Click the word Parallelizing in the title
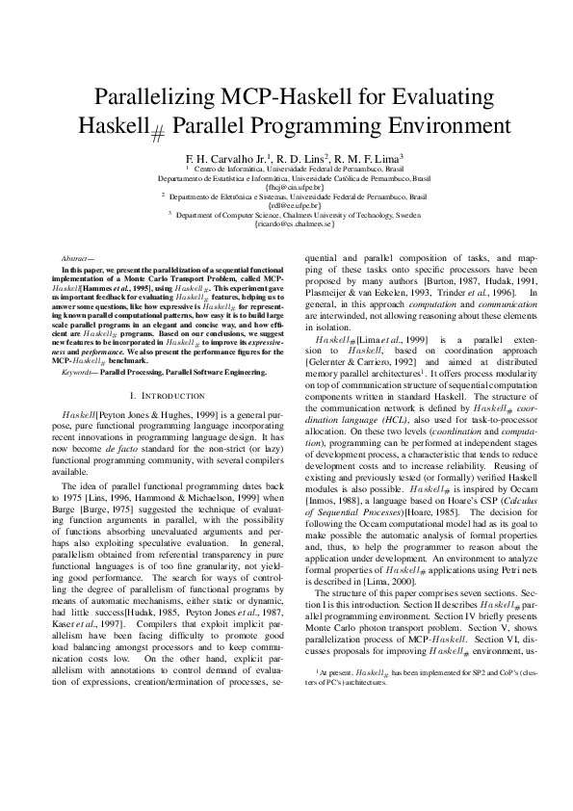(x=159, y=96)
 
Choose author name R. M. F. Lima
(x=371, y=157)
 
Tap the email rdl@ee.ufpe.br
(x=286, y=205)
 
